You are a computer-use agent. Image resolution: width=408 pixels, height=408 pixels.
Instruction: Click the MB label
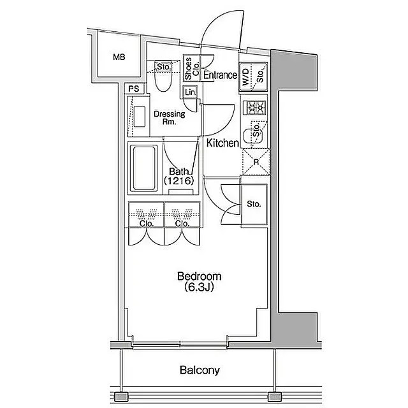click(x=119, y=57)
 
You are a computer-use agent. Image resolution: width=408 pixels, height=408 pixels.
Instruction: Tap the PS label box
click(x=134, y=89)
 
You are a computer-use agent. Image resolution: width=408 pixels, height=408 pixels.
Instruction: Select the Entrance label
click(x=220, y=75)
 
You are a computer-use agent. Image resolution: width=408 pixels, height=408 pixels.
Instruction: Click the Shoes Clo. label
click(x=192, y=68)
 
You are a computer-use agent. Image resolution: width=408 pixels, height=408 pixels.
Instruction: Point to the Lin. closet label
click(x=190, y=92)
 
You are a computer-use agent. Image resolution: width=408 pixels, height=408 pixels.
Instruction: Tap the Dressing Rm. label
click(x=170, y=117)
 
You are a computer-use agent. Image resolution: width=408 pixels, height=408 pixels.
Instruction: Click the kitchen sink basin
click(x=254, y=136)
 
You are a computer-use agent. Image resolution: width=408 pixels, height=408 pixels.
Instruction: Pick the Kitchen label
click(x=222, y=143)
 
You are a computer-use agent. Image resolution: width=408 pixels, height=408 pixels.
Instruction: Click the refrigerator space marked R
click(x=256, y=162)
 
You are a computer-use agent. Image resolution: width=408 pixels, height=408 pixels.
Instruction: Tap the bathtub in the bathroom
click(x=145, y=168)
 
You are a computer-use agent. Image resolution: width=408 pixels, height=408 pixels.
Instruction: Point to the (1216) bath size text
click(x=179, y=180)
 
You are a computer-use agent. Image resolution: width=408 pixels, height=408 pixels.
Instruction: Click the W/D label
click(x=246, y=77)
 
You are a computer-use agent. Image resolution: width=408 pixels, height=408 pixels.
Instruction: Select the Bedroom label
click(x=200, y=276)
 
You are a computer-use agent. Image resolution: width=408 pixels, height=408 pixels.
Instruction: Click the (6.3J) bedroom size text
click(x=200, y=288)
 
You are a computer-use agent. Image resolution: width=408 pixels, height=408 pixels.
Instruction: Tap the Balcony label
click(x=200, y=370)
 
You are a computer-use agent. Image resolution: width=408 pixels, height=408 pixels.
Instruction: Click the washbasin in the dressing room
click(x=140, y=116)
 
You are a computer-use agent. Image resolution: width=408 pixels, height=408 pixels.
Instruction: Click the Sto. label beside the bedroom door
click(x=254, y=204)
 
